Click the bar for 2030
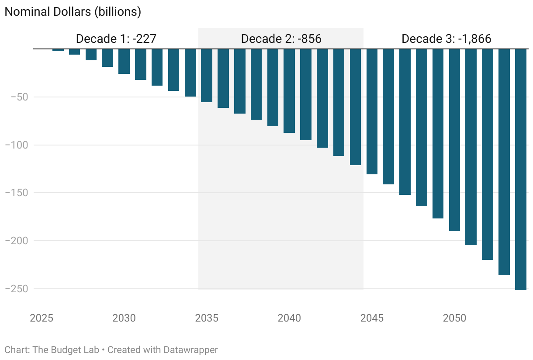click(x=124, y=61)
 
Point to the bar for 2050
click(x=454, y=140)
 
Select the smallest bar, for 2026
click(x=58, y=50)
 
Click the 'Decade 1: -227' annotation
click(x=116, y=39)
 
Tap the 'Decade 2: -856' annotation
click(x=281, y=39)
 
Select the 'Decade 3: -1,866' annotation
click(x=446, y=39)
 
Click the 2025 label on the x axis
click(x=42, y=318)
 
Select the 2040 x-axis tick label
click(x=289, y=318)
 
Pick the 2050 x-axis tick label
click(x=454, y=318)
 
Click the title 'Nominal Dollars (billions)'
click(x=73, y=12)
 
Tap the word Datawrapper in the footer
click(x=190, y=350)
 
